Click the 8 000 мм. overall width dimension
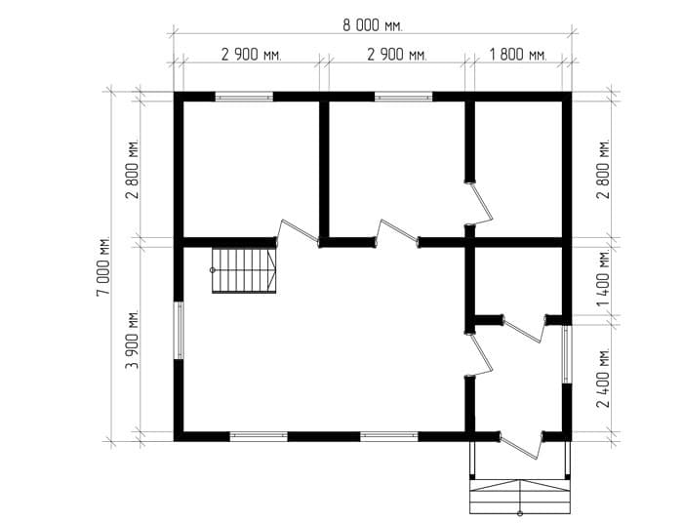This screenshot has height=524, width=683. click(373, 25)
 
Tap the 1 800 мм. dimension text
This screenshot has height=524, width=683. click(517, 56)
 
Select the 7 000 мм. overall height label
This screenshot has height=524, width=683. click(103, 266)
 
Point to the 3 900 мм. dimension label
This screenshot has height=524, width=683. click(133, 340)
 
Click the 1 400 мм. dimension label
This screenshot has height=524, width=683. click(604, 279)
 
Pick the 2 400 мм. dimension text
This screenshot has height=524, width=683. click(604, 378)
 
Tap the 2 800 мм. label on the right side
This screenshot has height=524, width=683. click(604, 169)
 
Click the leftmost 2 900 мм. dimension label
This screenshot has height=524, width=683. click(252, 56)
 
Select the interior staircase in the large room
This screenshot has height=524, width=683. click(244, 270)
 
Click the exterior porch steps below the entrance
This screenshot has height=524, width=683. click(520, 497)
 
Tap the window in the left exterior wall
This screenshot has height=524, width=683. click(179, 331)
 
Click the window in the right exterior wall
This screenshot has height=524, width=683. click(566, 354)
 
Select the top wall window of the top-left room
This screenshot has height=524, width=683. click(244, 97)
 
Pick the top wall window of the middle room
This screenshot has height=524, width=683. click(404, 97)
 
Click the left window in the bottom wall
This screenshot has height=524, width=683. click(259, 436)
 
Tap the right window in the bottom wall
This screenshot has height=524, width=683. click(389, 436)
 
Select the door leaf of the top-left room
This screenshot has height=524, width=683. click(299, 230)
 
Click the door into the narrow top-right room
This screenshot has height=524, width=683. click(481, 204)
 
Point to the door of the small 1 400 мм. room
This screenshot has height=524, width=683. click(525, 328)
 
